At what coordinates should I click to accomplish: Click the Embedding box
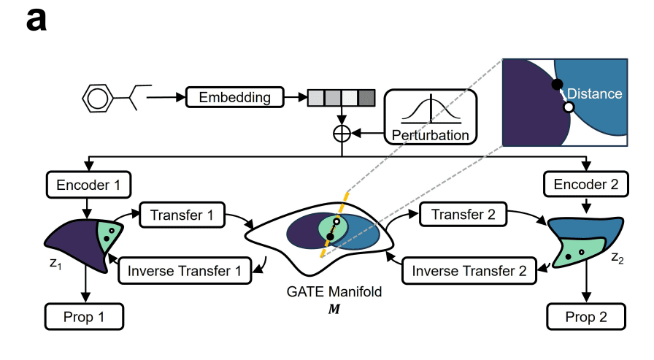point(234,97)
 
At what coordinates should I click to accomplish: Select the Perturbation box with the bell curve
point(430,117)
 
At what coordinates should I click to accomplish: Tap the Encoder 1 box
point(88,185)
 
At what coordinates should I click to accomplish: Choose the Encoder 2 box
point(586,185)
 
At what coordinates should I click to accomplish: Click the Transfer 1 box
point(180,215)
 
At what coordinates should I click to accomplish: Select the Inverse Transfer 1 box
point(185,271)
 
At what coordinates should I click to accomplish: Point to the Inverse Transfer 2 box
point(469,271)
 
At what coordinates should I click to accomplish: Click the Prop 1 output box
point(85,317)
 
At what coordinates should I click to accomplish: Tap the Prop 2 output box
point(586,317)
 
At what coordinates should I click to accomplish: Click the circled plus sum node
point(342,133)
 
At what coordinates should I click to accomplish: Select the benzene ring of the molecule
point(96,96)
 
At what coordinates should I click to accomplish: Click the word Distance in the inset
point(594,93)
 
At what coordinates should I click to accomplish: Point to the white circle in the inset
point(569,107)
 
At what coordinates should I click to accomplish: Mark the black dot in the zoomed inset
point(557,85)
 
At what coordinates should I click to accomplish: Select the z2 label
point(618,258)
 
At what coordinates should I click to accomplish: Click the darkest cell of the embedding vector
point(366,97)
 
